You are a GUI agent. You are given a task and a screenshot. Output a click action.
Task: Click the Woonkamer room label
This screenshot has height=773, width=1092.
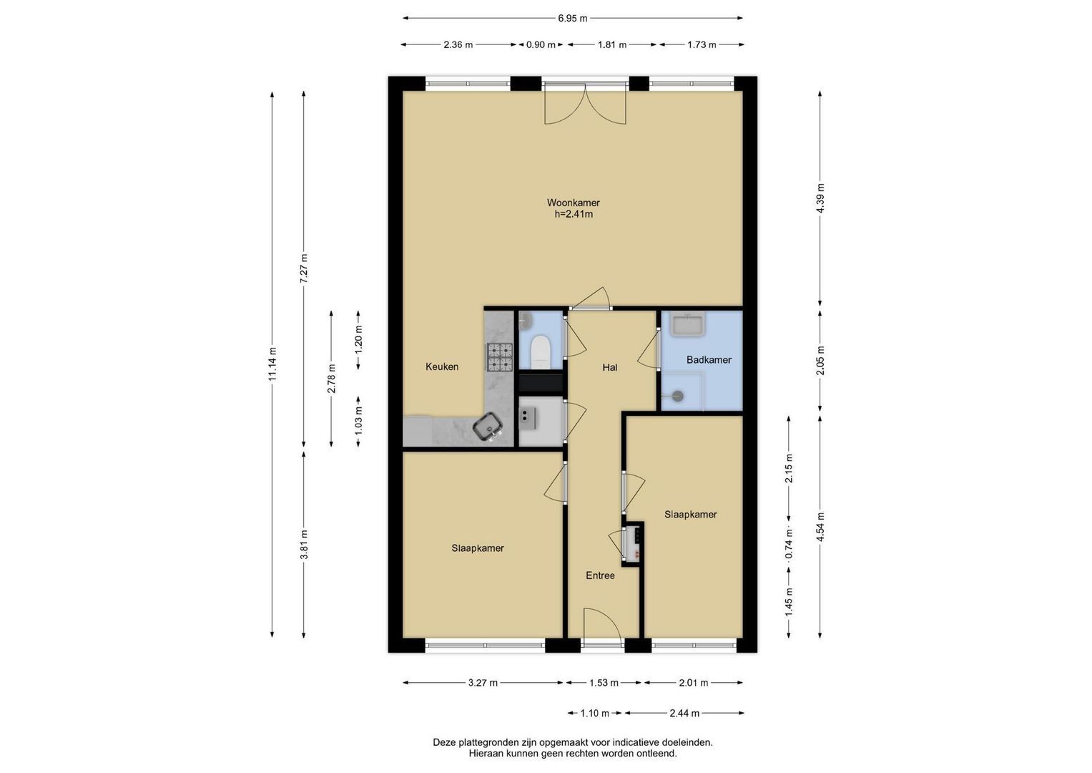point(573,203)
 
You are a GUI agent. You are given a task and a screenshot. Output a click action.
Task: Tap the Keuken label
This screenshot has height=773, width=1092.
point(442,366)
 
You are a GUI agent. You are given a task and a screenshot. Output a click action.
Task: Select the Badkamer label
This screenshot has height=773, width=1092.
point(709,359)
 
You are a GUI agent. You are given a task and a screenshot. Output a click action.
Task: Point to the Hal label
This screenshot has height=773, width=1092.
point(609,367)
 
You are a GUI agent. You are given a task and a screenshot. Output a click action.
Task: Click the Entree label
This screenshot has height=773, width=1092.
point(600,575)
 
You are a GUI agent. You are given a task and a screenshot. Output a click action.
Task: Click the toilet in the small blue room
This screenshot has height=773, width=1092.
point(540,351)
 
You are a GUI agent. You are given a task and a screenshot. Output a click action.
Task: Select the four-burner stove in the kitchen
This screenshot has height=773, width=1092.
point(500,356)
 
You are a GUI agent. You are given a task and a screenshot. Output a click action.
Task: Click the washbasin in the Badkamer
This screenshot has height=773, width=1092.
point(687,324)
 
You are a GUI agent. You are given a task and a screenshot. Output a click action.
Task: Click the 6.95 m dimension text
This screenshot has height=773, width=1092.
point(573,19)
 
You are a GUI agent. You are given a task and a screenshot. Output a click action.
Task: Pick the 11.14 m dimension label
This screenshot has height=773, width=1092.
point(272,364)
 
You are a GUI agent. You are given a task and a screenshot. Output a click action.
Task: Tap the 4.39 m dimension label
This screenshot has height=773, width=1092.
point(820,198)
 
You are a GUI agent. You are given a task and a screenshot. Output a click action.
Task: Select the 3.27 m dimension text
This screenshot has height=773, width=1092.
point(483,683)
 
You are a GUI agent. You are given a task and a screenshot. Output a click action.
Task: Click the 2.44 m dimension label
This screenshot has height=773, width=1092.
point(684,713)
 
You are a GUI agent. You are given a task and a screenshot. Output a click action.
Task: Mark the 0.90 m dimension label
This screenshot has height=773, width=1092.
point(541,45)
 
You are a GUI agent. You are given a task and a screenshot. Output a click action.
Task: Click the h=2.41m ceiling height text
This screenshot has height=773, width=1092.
point(574,214)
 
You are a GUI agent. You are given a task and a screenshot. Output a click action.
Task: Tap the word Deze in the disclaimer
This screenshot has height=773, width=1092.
point(443,742)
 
